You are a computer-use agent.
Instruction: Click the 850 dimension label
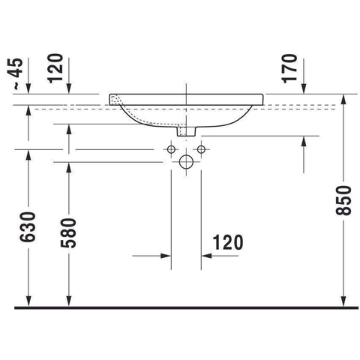coord(343,200)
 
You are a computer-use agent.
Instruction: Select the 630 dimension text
coord(28,227)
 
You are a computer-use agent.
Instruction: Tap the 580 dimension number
coord(68,233)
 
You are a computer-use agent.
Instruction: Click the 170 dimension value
coord(289,68)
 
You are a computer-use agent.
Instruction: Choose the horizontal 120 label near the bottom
coord(228,242)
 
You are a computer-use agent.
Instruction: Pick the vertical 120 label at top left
coord(55,68)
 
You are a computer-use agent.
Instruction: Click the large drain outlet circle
coord(186,162)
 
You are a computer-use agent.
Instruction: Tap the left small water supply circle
coord(171,149)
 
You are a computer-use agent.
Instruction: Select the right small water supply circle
coord(201,149)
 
